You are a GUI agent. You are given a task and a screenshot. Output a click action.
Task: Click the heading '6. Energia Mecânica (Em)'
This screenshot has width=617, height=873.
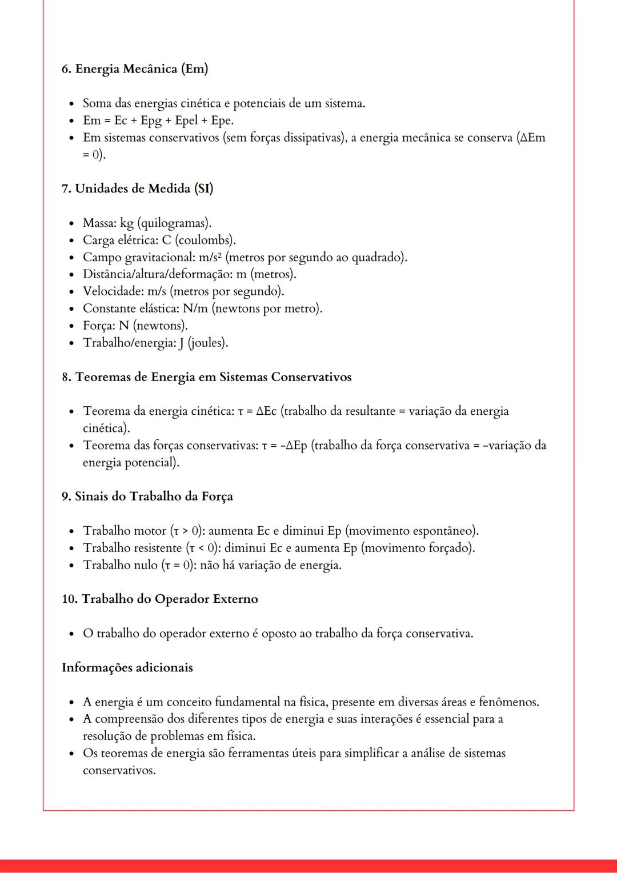tap(135, 69)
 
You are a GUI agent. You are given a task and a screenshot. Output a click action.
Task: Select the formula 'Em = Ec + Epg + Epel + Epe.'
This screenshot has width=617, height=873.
tap(158, 121)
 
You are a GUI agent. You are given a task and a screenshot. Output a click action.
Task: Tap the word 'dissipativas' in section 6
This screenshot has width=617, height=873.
tap(303, 138)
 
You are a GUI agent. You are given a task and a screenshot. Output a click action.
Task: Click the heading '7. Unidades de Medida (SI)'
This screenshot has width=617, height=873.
tap(137, 189)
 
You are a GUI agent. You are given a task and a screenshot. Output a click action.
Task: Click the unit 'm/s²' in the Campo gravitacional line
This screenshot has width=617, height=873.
tap(210, 257)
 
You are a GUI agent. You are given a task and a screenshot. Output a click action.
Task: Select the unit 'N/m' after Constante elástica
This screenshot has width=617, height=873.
tap(195, 309)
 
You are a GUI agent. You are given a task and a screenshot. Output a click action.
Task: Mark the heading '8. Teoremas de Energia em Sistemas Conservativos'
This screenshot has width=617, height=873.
tap(206, 377)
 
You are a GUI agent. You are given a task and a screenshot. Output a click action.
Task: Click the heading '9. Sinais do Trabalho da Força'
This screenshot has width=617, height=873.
tap(147, 496)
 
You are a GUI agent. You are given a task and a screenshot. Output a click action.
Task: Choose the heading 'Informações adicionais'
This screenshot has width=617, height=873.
tap(127, 668)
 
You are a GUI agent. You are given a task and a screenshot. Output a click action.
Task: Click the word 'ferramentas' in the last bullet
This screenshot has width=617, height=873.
tap(262, 754)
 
